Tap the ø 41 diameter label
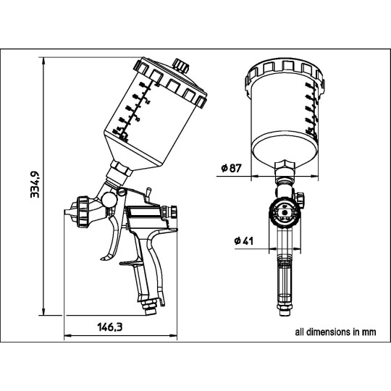(244, 240)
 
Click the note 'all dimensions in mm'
(335, 333)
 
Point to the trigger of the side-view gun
(112, 239)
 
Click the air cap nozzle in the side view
(70, 213)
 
